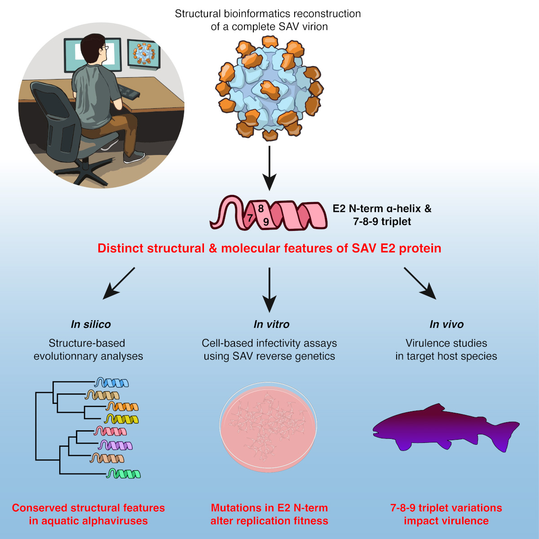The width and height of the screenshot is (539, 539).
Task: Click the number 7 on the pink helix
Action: pyautogui.click(x=250, y=218)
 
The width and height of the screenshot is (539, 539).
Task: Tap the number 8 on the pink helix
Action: pyautogui.click(x=261, y=209)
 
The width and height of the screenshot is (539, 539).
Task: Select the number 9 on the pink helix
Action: pyautogui.click(x=266, y=222)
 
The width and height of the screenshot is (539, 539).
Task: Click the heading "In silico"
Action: pyautogui.click(x=91, y=324)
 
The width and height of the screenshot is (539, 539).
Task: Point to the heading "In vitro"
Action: pyautogui.click(x=271, y=324)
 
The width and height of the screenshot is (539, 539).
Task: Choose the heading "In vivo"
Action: pyautogui.click(x=446, y=324)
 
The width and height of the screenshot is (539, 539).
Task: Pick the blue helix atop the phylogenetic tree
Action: pyautogui.click(x=112, y=383)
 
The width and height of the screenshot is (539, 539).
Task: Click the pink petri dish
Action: pyautogui.click(x=269, y=427)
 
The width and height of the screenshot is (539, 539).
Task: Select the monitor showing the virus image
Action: pyautogui.click(x=144, y=54)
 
